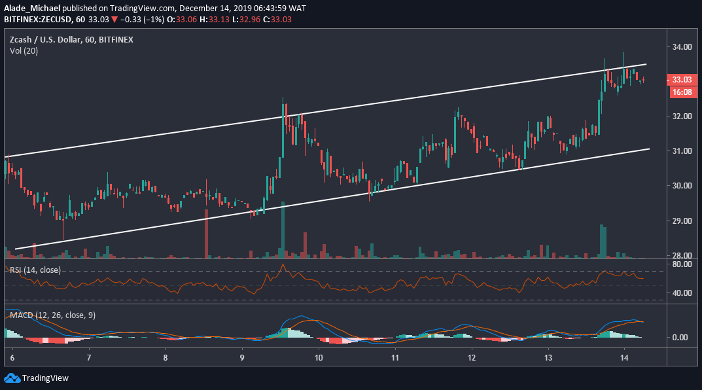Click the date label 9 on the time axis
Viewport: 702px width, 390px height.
[x=242, y=359]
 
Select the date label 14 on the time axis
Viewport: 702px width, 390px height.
[x=624, y=359]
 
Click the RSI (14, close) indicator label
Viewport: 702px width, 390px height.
[x=35, y=270]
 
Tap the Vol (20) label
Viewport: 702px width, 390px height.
[x=24, y=51]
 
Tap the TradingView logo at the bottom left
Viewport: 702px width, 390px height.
[x=37, y=378]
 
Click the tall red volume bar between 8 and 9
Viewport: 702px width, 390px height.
[x=206, y=233]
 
